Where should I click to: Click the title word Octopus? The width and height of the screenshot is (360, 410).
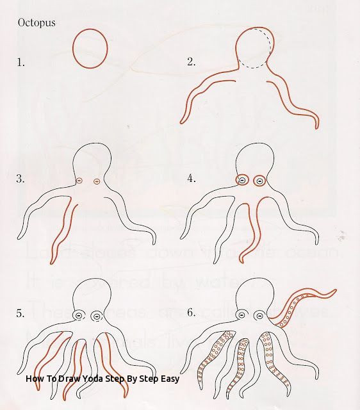click(x=36, y=22)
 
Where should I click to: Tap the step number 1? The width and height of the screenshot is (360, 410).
click(x=20, y=62)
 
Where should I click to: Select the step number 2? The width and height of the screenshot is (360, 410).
click(x=190, y=62)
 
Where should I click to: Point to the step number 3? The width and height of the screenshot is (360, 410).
click(x=20, y=179)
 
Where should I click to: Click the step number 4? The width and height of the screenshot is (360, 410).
click(x=190, y=179)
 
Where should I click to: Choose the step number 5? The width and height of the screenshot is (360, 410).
click(x=20, y=313)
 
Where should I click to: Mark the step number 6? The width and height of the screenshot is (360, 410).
click(x=190, y=313)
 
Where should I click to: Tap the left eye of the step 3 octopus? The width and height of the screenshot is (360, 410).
click(x=79, y=182)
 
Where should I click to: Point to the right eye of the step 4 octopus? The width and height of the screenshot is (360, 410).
click(x=259, y=181)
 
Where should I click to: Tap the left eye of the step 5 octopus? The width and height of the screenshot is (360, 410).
click(x=79, y=316)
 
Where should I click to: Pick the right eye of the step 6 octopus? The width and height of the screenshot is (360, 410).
click(x=259, y=316)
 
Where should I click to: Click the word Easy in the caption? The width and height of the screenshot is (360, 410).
click(x=168, y=378)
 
